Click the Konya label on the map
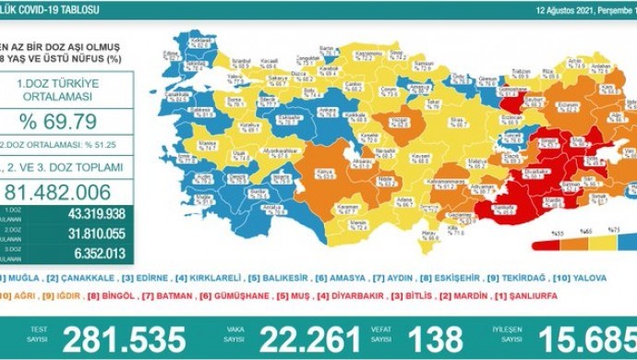(321, 172)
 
